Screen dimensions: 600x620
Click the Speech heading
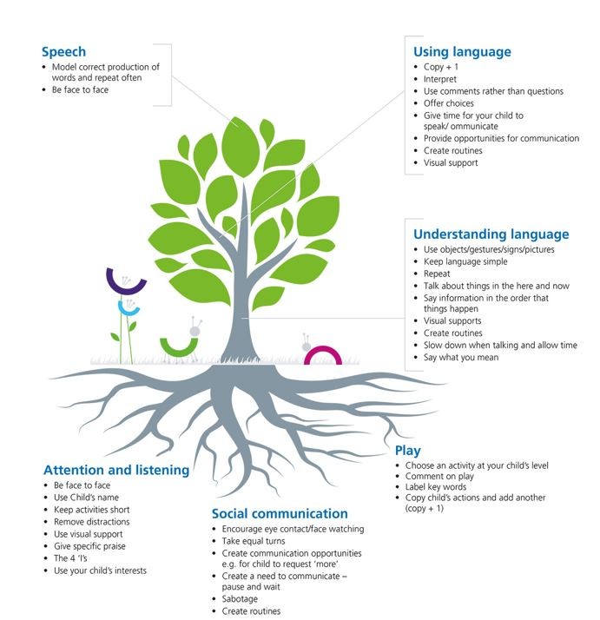coord(63,52)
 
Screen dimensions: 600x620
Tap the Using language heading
coord(462,52)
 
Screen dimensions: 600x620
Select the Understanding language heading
coord(491,234)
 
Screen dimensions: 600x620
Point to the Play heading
coord(407,451)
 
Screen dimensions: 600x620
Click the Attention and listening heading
coord(116,470)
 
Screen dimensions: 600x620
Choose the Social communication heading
coord(280,514)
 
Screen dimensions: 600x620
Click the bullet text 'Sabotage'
coord(240,598)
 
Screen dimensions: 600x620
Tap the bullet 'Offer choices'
coord(449,103)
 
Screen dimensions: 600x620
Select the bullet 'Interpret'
coord(440,79)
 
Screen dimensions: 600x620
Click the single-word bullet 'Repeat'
coord(437,274)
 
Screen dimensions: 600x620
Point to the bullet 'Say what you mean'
coord(461,358)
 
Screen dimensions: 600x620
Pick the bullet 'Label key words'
coord(436,487)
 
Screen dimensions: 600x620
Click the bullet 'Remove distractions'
coord(92,522)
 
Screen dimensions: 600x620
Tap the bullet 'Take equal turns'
coord(254,541)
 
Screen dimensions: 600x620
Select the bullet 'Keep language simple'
coord(465,261)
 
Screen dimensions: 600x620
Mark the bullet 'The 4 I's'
coord(70,558)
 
